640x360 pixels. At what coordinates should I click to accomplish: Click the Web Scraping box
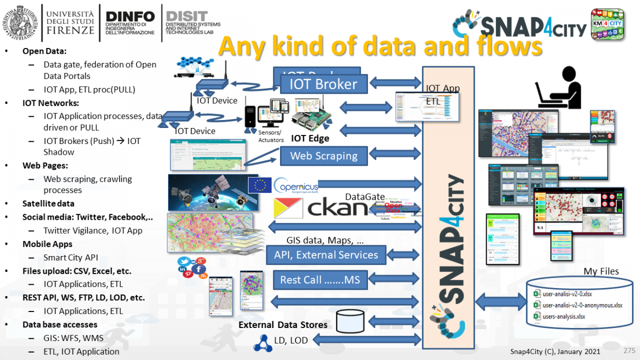tap(324, 156)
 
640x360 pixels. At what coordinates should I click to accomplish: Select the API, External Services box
tap(326, 255)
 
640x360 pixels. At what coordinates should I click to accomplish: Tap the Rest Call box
tap(323, 279)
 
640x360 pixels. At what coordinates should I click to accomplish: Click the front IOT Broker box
tap(324, 84)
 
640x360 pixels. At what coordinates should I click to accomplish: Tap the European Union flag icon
tap(260, 185)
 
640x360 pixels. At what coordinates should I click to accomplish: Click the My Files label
tap(601, 271)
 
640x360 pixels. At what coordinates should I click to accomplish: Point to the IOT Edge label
tap(310, 138)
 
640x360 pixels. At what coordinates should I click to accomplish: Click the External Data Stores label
tap(283, 325)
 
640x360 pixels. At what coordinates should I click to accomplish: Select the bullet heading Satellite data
tap(48, 203)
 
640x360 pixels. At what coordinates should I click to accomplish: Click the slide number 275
tap(629, 350)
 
